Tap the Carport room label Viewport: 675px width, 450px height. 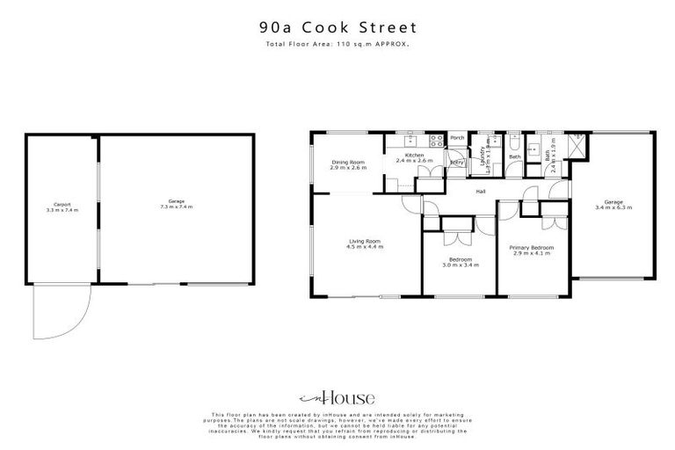(62, 205)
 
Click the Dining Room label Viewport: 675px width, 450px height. (347, 162)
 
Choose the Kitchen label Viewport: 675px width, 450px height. (415, 155)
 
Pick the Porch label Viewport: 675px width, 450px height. (457, 138)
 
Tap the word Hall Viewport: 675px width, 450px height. (482, 191)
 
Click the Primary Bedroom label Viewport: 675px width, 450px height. (531, 247)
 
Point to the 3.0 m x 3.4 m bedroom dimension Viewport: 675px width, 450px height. (461, 265)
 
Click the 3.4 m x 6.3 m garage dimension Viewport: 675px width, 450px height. (613, 207)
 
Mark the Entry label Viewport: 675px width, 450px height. (457, 163)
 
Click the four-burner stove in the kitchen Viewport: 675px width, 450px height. (434, 140)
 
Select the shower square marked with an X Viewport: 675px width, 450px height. (577, 143)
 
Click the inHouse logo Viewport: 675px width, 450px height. (337, 397)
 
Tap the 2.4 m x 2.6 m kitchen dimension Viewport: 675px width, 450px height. (415, 161)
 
